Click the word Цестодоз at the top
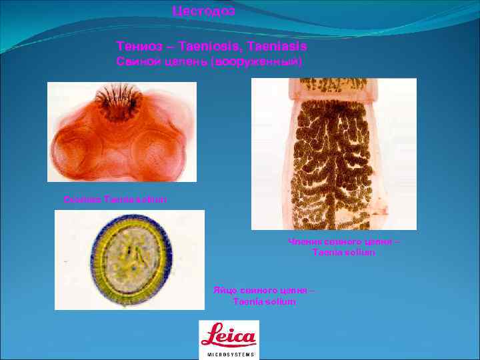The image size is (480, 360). click(x=203, y=11)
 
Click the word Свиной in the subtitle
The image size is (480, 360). click(x=138, y=62)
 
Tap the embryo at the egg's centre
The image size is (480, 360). click(x=131, y=259)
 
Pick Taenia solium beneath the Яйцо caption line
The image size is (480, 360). click(x=264, y=301)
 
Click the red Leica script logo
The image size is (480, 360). click(x=229, y=335)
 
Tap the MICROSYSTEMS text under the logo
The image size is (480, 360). click(x=229, y=355)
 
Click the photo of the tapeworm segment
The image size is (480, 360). click(x=333, y=153)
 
